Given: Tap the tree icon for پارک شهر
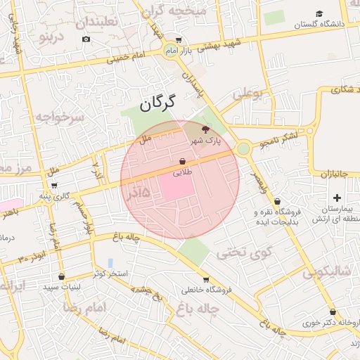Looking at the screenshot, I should click(x=205, y=129).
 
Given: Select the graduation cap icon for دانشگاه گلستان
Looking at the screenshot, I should click(x=319, y=13).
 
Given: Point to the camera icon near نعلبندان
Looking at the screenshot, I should click(x=86, y=38).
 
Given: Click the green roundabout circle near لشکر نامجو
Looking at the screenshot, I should click(x=243, y=148).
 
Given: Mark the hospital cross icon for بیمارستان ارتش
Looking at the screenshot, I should click(x=337, y=198).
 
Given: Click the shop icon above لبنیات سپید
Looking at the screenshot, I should click(x=62, y=276).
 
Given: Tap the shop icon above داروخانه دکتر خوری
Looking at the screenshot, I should click(x=333, y=312).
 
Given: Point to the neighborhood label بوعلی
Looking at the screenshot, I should click(x=247, y=93).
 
